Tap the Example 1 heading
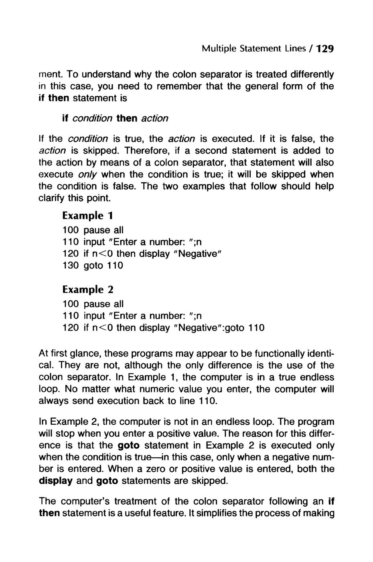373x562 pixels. click(x=88, y=216)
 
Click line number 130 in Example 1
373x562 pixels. click(x=71, y=266)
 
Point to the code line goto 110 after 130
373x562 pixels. click(x=103, y=266)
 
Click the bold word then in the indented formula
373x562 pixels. click(x=127, y=118)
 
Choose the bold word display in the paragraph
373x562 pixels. click(x=55, y=481)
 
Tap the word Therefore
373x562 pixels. click(x=144, y=151)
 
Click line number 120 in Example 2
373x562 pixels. click(x=71, y=328)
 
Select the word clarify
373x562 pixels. click(x=53, y=198)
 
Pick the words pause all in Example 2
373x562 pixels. click(x=103, y=304)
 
